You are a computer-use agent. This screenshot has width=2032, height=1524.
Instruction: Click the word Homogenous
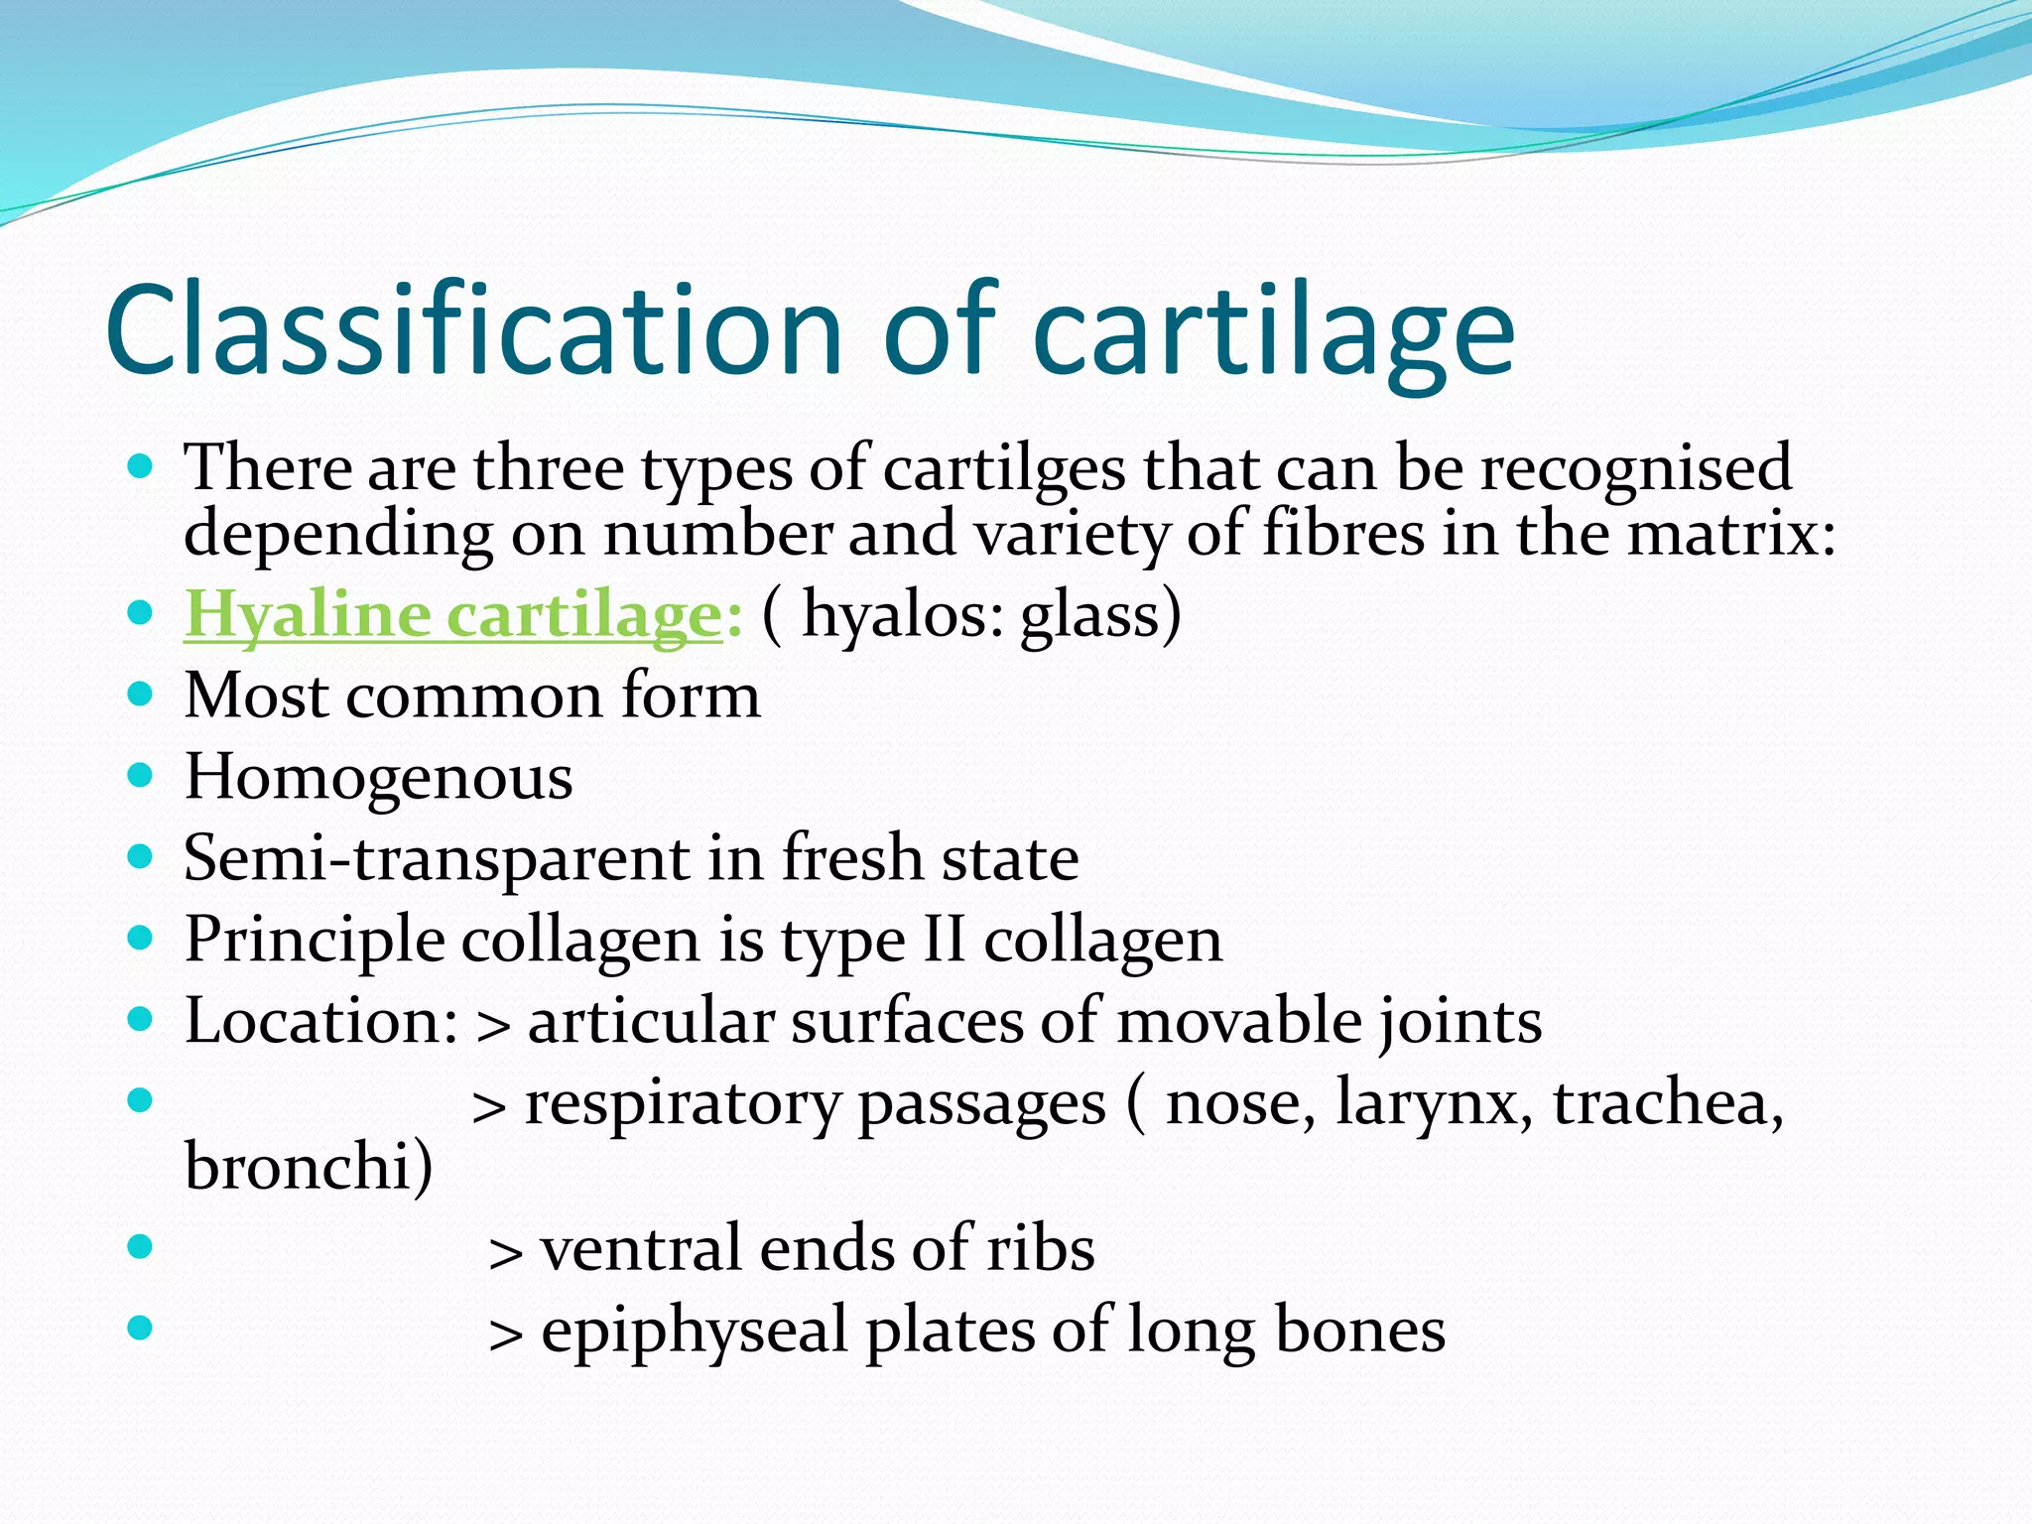point(378,777)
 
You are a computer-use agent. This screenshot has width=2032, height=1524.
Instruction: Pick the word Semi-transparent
point(437,859)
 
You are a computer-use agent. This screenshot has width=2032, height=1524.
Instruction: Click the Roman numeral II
point(944,940)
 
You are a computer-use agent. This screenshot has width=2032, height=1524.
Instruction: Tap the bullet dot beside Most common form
point(141,695)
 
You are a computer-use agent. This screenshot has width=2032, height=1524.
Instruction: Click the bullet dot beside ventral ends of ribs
point(141,1245)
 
